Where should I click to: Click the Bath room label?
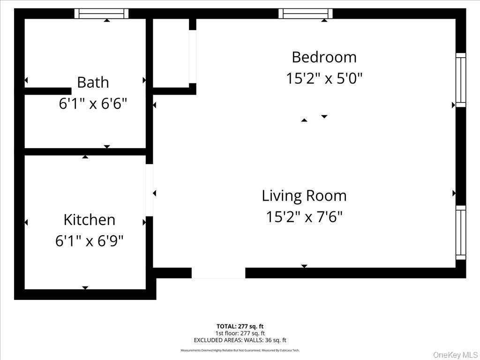[93, 82]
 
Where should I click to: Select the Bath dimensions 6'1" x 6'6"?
[93, 104]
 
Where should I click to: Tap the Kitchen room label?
[89, 219]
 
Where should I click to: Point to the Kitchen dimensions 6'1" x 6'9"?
[89, 241]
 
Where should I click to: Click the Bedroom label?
[324, 57]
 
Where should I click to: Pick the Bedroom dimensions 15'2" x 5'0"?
[324, 78]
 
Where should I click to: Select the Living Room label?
[304, 195]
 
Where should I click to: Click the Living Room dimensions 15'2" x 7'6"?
[304, 217]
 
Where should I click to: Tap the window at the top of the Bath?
[102, 14]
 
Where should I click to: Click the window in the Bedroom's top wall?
[306, 14]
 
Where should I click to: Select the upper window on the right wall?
[461, 80]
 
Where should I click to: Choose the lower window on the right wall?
[461, 232]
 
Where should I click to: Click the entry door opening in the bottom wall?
[218, 273]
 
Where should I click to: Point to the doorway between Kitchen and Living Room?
[150, 190]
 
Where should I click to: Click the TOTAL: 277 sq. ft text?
[243, 326]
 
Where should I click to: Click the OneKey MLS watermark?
[455, 355]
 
